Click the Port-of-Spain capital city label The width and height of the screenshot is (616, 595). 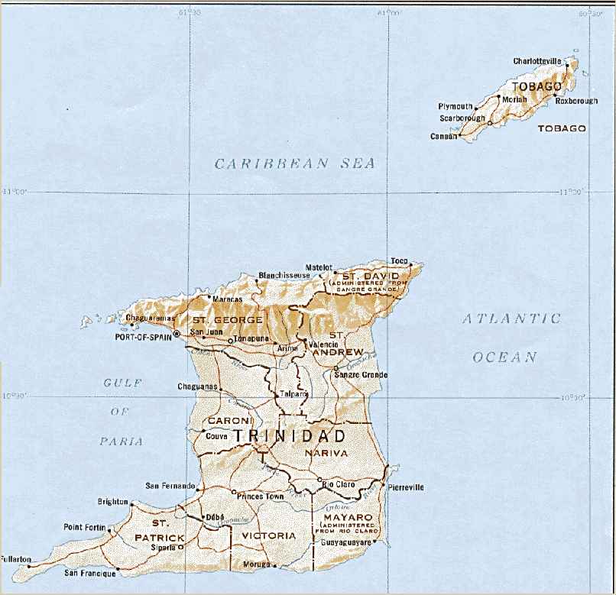tap(143, 335)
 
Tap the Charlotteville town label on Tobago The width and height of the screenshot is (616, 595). tap(537, 60)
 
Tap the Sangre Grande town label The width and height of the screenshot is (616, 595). tap(363, 375)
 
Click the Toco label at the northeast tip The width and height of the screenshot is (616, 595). tap(399, 260)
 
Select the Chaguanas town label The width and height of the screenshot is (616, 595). tap(197, 386)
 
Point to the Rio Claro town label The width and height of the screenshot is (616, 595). tap(341, 484)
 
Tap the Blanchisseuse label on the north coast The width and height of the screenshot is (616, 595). tap(284, 275)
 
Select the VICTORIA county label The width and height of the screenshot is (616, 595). tap(268, 536)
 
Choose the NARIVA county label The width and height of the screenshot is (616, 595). tap(326, 453)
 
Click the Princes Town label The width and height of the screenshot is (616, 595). tap(260, 496)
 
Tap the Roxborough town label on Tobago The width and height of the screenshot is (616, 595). tap(575, 100)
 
